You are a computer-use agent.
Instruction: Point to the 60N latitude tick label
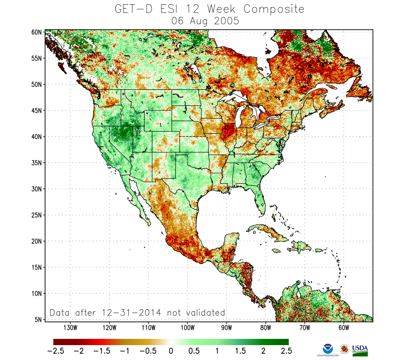point(37,32)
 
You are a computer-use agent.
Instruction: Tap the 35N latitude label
point(37,163)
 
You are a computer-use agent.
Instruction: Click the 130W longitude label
point(70,328)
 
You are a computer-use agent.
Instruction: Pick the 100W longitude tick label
point(187,328)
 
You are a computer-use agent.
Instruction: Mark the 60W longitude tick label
point(343,328)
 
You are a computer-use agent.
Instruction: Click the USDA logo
point(360,349)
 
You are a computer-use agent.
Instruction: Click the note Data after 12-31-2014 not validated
point(137,312)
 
